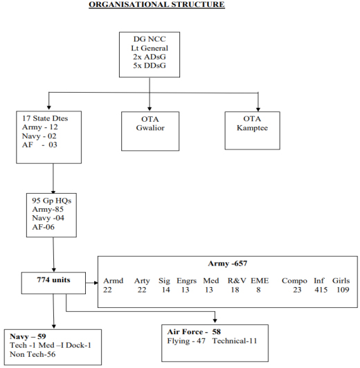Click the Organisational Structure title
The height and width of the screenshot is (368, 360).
pos(156,5)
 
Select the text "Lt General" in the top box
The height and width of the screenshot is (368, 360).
pos(150,48)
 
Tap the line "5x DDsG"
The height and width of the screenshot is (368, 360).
pos(150,66)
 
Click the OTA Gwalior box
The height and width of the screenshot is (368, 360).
pos(150,131)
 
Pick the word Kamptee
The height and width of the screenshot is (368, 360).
pos(252,128)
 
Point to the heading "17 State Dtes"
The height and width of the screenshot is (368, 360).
pos(45,118)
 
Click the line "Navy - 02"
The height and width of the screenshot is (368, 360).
pos(39,136)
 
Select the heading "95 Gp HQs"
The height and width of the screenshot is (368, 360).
pos(52,201)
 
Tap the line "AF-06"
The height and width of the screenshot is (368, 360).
pos(43,227)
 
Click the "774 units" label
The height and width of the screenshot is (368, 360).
pos(53,279)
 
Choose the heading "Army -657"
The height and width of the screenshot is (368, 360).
pos(228,264)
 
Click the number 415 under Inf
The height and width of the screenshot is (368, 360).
pos(321,290)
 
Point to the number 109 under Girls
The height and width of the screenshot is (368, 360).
pos(343,290)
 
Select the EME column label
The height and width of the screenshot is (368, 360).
pos(260,281)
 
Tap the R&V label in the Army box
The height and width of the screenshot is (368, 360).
pos(237,281)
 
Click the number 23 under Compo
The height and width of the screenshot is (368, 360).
pos(297,290)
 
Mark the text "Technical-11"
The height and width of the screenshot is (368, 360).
pos(235,341)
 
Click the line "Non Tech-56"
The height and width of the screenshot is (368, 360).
pos(33,354)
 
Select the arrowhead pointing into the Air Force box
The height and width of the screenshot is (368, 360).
pos(215,320)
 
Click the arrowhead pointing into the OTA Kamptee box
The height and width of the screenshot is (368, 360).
pos(258,109)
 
